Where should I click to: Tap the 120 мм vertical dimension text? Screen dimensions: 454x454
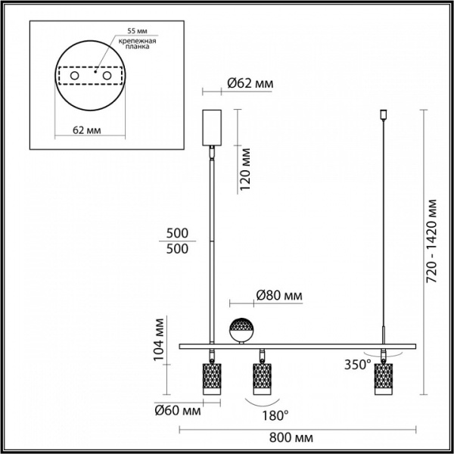tap(244, 171)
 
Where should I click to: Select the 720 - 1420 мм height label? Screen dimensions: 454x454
tap(431, 241)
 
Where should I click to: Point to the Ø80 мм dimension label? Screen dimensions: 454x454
tap(279, 295)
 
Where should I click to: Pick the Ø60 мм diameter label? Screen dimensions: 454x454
tap(178, 412)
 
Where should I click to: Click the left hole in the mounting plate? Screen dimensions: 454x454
tap(74, 76)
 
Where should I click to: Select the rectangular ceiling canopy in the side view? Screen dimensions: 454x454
tap(213, 129)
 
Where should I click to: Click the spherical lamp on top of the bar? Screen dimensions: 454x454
tap(242, 328)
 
